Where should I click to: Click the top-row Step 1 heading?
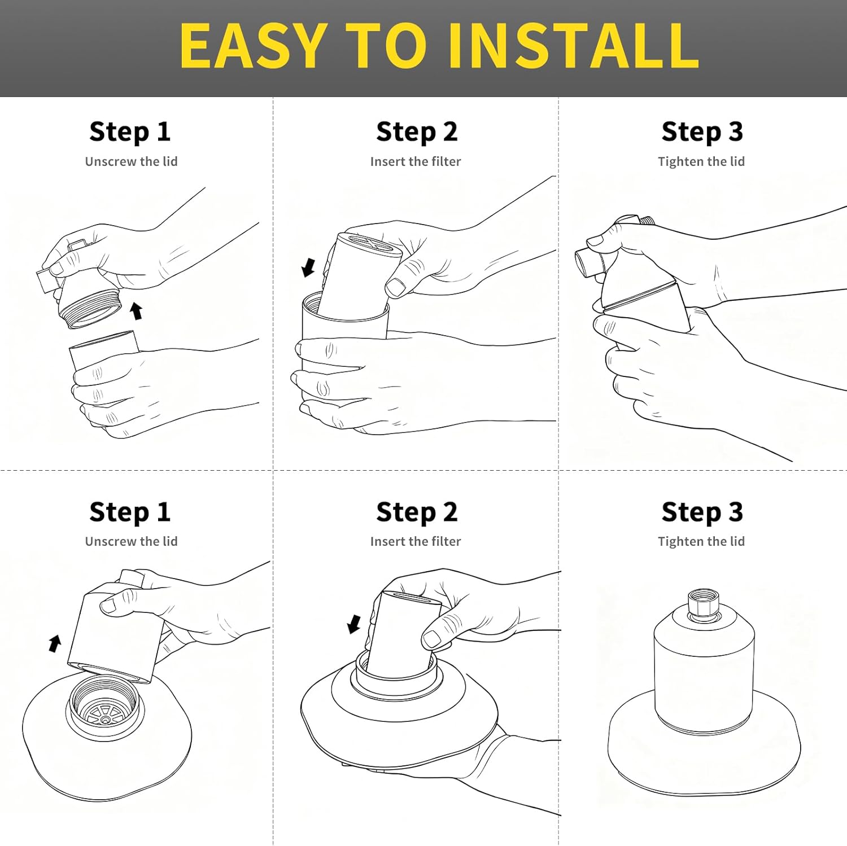(x=130, y=132)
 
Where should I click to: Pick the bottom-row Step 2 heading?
(x=417, y=512)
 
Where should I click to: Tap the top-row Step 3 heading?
(x=702, y=132)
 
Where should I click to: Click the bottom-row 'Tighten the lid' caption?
(x=701, y=541)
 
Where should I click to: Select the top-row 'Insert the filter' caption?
(x=416, y=161)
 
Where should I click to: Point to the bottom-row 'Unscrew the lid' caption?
(x=131, y=541)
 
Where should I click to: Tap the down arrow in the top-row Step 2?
(x=308, y=267)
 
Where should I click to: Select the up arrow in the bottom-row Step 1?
(x=55, y=643)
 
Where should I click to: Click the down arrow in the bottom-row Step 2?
(x=354, y=624)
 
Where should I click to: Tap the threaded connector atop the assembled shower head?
(x=704, y=604)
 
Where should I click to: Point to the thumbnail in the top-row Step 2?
(x=396, y=287)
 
